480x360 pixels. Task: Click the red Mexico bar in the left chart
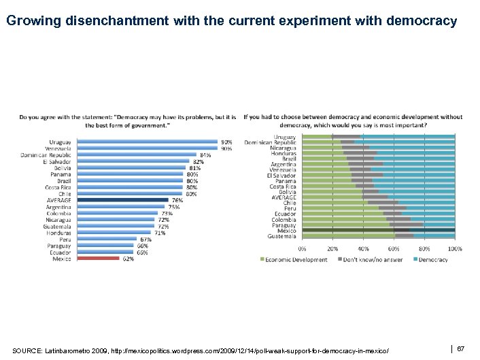[x=98, y=259]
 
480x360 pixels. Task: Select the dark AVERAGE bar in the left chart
[x=122, y=200]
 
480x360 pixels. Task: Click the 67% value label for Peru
[x=145, y=240]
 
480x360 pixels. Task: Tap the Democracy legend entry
[x=433, y=259]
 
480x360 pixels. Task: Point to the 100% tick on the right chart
[x=455, y=249]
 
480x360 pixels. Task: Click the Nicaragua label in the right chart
[x=283, y=148]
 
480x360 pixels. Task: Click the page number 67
[x=460, y=348]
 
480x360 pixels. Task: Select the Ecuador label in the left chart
[x=61, y=252]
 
